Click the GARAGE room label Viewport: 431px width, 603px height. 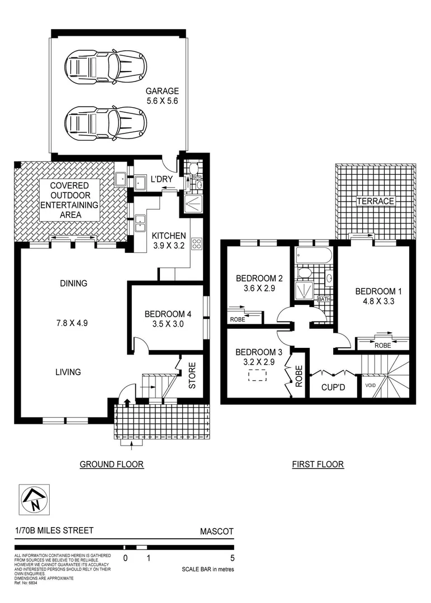tap(162, 91)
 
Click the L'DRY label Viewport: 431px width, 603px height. tap(161, 179)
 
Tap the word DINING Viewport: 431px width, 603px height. tap(74, 283)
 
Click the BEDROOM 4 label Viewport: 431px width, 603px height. tap(168, 314)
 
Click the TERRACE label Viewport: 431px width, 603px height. tap(376, 201)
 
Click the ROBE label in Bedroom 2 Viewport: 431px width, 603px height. tap(236, 320)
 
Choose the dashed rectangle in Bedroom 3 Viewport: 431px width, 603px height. tap(257, 377)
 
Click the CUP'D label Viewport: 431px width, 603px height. tap(333, 386)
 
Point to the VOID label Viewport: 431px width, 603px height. tap(370, 385)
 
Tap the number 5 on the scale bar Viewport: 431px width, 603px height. tap(232, 557)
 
